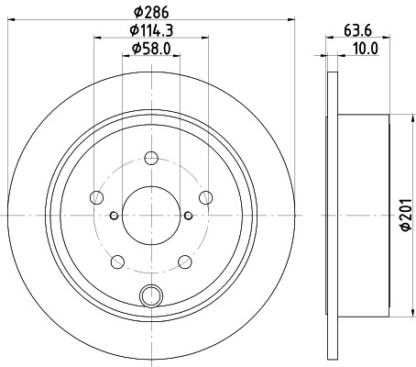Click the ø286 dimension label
point(151,12)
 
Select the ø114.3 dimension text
point(151,30)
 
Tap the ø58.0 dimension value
point(151,49)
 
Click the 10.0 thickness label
point(366,49)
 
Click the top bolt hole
point(151,158)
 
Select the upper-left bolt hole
point(97,197)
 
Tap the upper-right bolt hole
point(205,197)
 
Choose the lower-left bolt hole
point(117,262)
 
